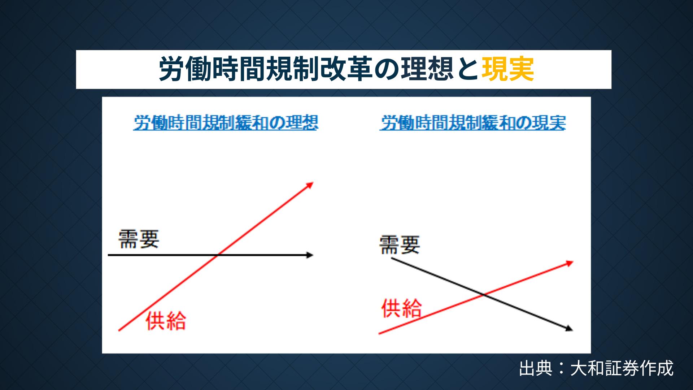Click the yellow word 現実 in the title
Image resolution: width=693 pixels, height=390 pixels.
pos(508,69)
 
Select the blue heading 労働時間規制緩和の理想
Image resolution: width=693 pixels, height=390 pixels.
pos(226,123)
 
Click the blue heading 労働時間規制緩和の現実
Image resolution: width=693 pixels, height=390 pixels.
pos(473,123)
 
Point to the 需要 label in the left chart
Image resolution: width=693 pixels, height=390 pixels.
pos(139,239)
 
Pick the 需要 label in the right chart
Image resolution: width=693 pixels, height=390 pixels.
pos(400,244)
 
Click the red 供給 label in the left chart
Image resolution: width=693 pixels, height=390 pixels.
pos(166,320)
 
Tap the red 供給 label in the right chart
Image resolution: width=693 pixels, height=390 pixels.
pos(401,308)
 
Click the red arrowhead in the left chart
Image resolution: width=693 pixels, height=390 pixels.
pos(310,185)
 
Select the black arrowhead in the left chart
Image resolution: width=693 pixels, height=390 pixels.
pos(310,255)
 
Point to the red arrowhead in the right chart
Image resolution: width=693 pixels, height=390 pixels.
pos(569,263)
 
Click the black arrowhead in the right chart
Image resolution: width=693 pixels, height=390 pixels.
pos(569,329)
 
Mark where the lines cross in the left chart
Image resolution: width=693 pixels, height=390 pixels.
pos(217,255)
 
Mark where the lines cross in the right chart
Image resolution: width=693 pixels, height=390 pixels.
pos(484,295)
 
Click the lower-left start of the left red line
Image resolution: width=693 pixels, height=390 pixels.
pos(119,330)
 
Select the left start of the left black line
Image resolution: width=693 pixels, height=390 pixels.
pos(108,255)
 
